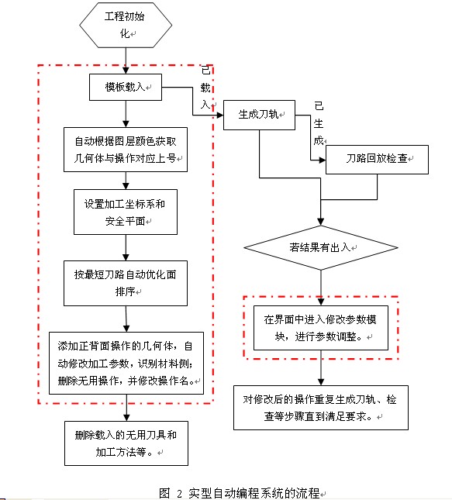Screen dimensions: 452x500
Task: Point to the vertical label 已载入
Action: click(205, 88)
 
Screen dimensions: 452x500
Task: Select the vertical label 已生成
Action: click(319, 123)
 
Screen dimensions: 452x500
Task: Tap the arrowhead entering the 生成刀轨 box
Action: click(220, 115)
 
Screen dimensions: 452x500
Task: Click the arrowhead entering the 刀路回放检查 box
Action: click(323, 160)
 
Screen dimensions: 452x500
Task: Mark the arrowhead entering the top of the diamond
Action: click(321, 222)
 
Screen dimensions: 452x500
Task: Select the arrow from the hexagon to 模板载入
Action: click(126, 61)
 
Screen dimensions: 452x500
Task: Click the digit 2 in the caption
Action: click(179, 494)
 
